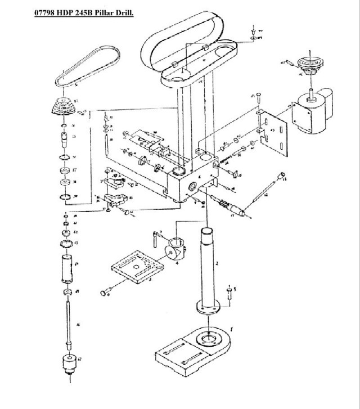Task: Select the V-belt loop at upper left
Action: point(87,66)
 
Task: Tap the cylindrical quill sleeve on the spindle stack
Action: point(67,268)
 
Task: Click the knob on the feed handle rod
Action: point(284,179)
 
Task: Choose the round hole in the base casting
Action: point(209,339)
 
